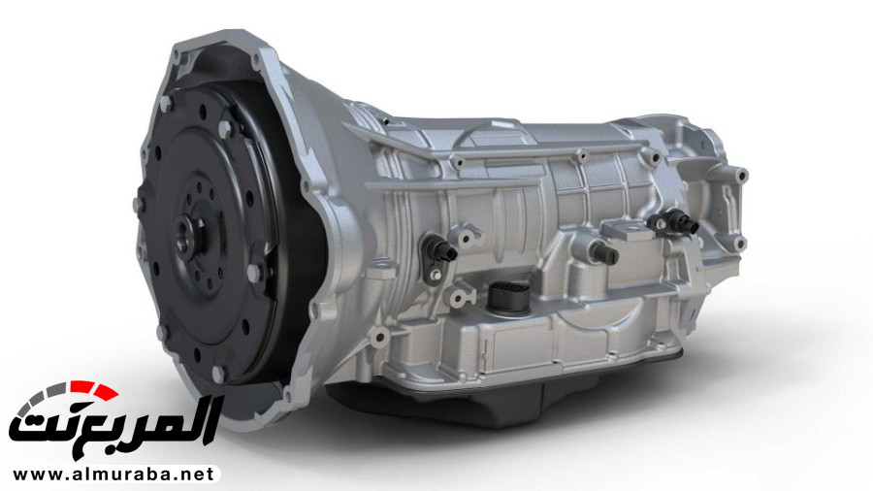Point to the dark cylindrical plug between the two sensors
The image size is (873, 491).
coord(605,253)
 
